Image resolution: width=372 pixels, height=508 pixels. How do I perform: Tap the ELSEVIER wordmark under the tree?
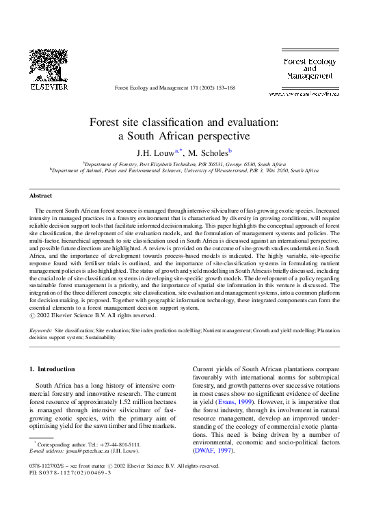(49, 87)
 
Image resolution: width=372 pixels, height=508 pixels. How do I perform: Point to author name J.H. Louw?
(157, 152)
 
